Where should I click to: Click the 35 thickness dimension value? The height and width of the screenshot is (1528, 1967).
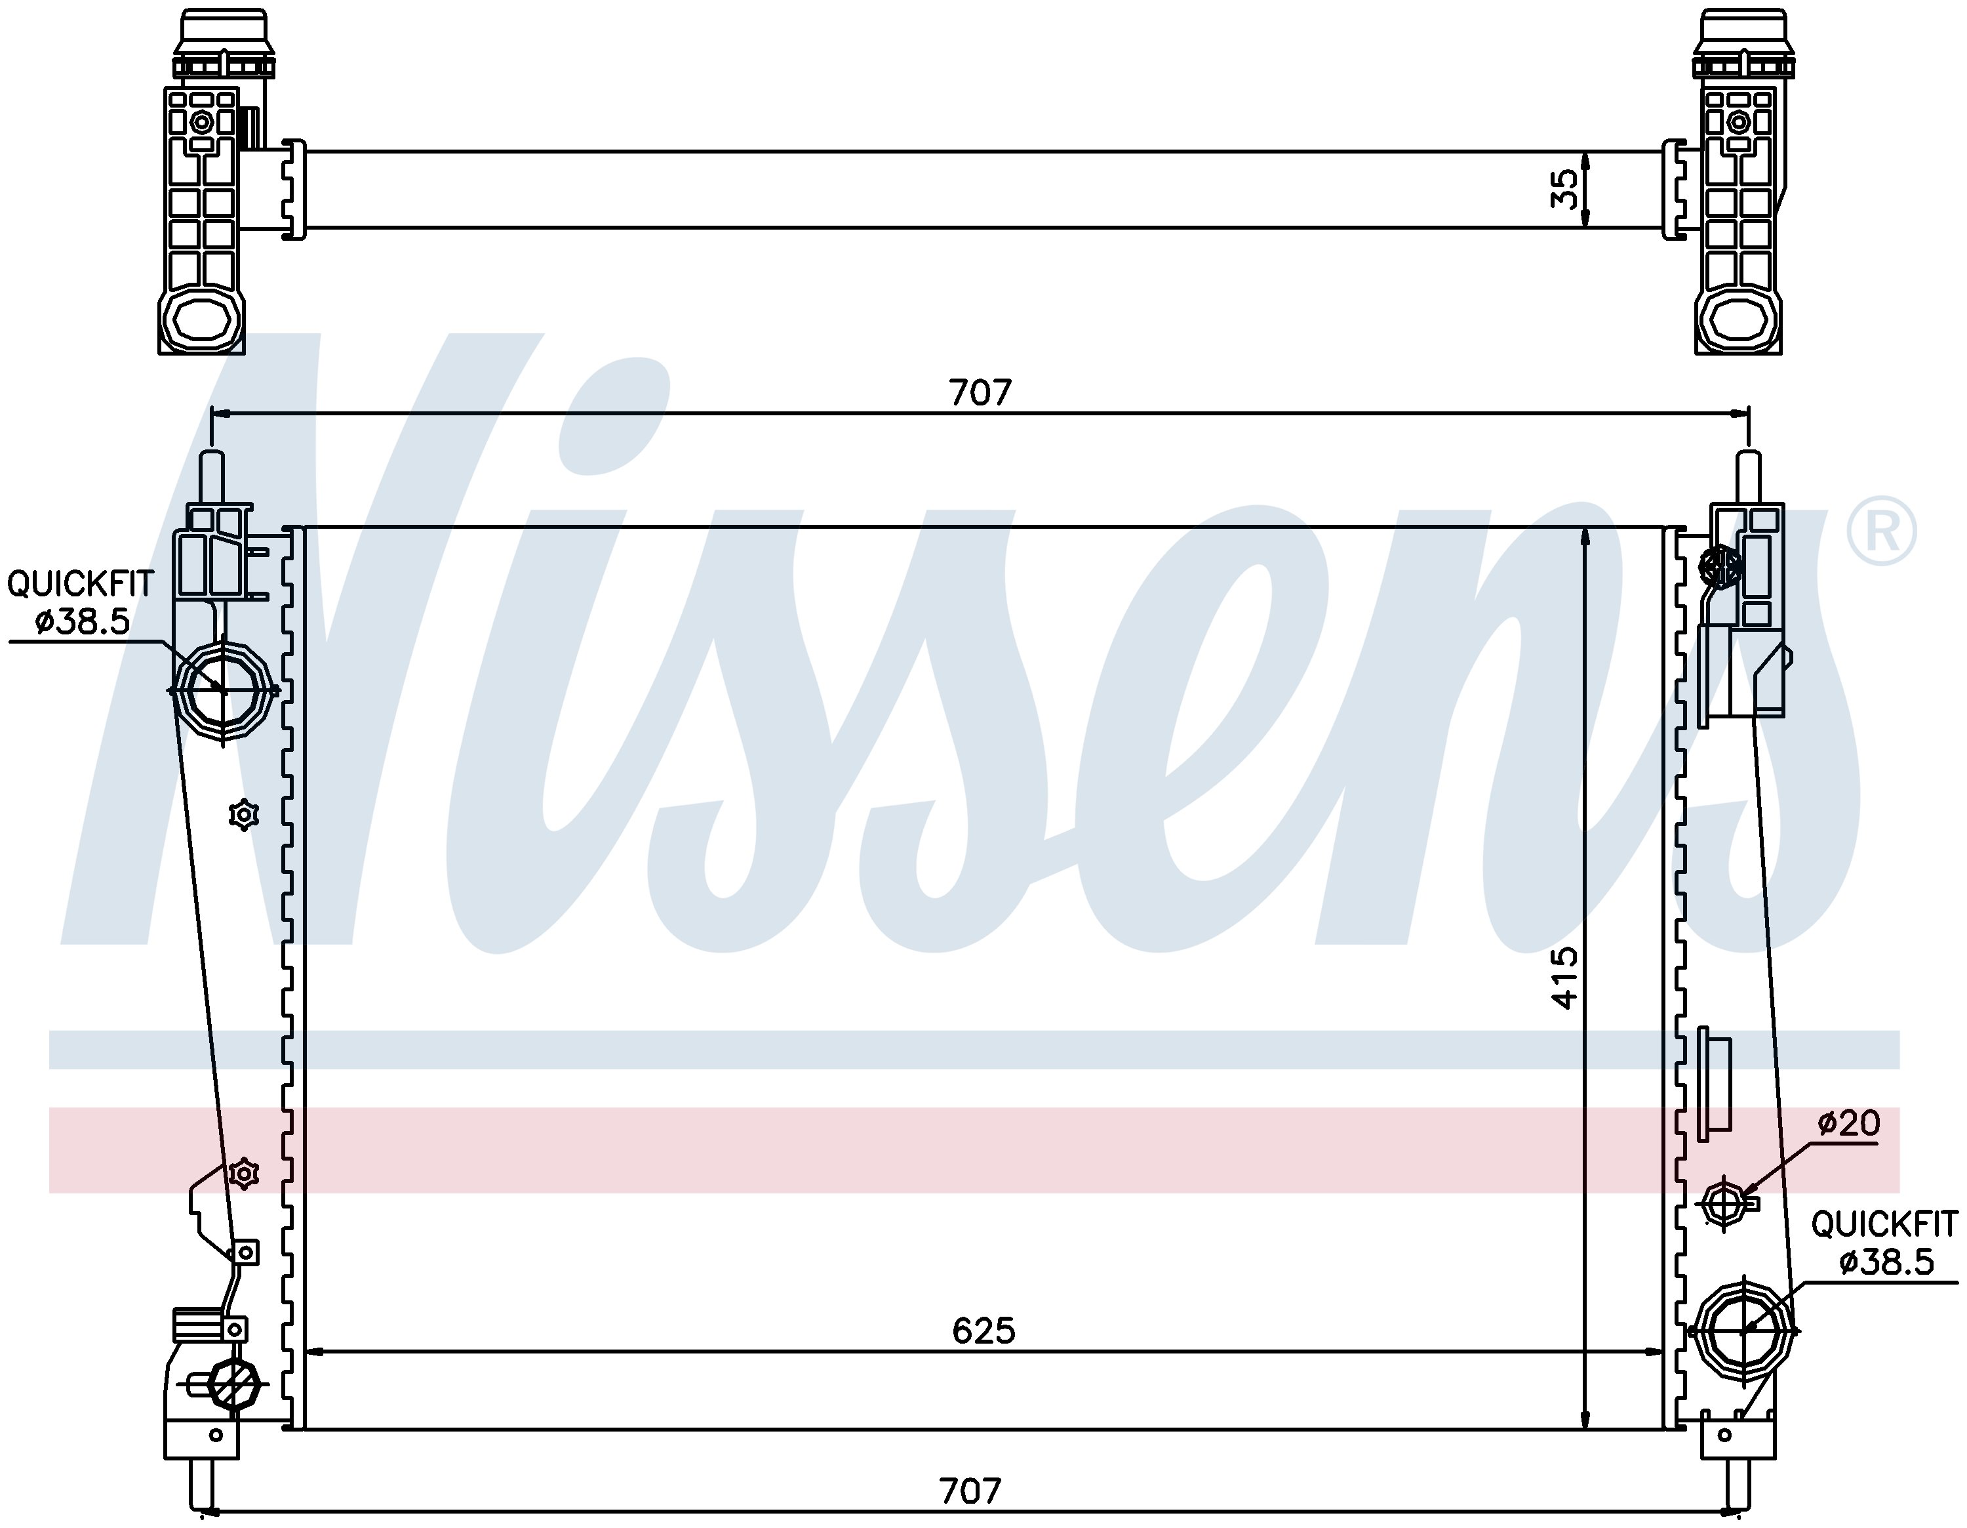coord(1565,189)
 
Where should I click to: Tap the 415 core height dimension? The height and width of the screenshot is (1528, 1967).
coord(1565,978)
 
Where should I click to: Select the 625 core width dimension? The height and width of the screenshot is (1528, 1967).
coord(983,1331)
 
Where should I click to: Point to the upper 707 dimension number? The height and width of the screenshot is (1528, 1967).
coord(981,393)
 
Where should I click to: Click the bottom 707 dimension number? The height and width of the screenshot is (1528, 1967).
coord(970,1491)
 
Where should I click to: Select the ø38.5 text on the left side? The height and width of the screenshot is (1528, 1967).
coord(83,622)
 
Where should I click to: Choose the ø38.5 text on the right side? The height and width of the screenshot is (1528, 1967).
coord(1887,1262)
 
